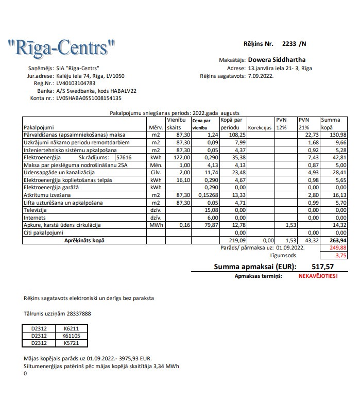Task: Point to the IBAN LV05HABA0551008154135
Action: click(89, 97)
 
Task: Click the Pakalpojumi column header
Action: click(39, 127)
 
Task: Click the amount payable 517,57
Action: click(323, 267)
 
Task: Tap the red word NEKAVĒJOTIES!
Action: click(318, 276)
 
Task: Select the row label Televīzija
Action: click(36, 210)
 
